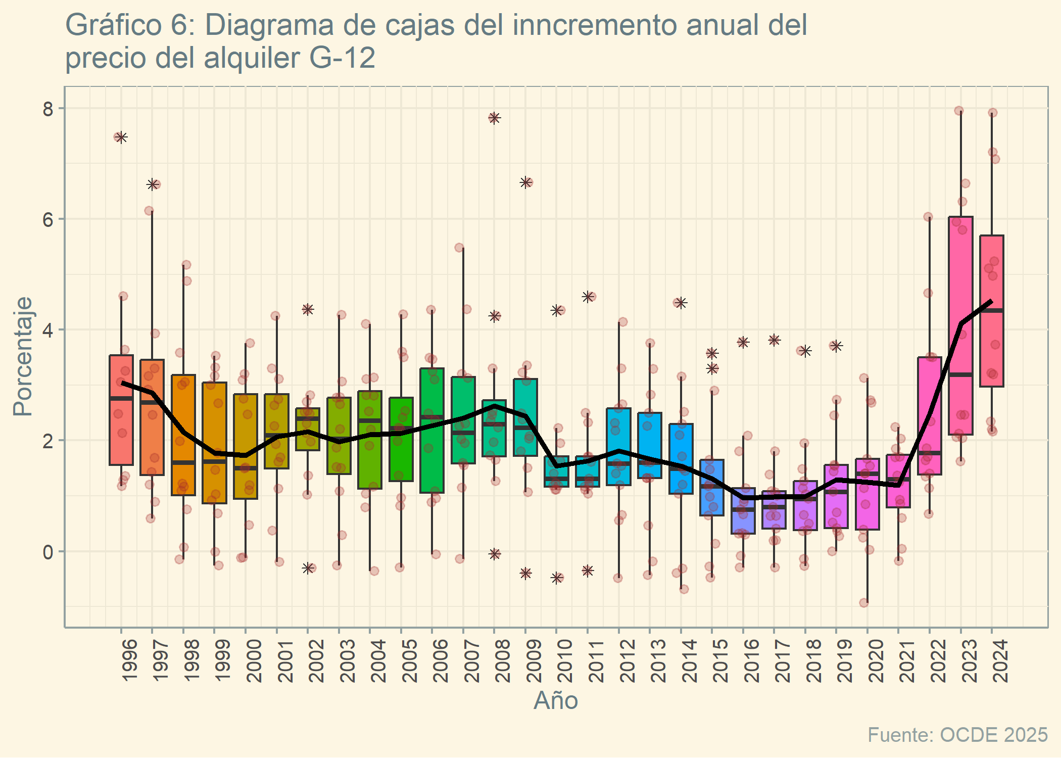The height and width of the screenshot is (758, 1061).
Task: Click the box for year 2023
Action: [960, 325]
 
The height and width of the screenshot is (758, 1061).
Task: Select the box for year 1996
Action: [121, 410]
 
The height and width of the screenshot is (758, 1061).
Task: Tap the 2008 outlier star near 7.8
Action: [494, 118]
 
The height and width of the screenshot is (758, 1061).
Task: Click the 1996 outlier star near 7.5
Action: [121, 137]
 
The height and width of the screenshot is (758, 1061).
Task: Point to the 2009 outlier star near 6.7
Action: [526, 182]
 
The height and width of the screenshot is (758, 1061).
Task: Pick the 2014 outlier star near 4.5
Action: [681, 303]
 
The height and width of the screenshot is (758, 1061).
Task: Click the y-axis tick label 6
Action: [48, 219]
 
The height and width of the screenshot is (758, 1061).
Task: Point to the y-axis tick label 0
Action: [48, 552]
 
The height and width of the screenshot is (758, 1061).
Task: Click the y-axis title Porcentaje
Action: [23, 356]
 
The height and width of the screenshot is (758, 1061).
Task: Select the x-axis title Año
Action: [556, 701]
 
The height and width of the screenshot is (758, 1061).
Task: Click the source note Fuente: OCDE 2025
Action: [957, 735]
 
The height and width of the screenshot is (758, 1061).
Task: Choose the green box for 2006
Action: [432, 430]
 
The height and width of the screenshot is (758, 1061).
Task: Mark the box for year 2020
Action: [867, 494]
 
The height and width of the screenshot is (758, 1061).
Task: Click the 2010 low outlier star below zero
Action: [557, 578]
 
